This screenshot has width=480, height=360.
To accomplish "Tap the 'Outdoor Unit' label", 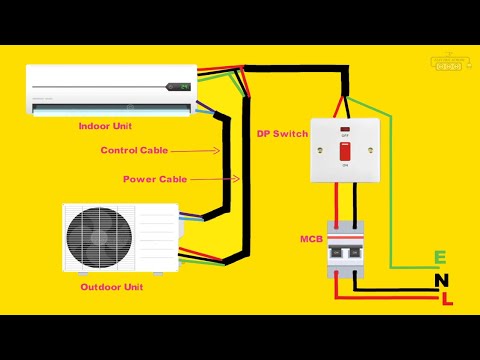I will (112, 287).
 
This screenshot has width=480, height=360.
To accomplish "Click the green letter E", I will (440, 259).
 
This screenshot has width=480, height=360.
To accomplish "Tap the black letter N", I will (441, 281).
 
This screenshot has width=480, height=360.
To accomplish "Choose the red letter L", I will (446, 300).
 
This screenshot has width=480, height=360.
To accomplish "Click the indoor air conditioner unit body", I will (110, 90).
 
